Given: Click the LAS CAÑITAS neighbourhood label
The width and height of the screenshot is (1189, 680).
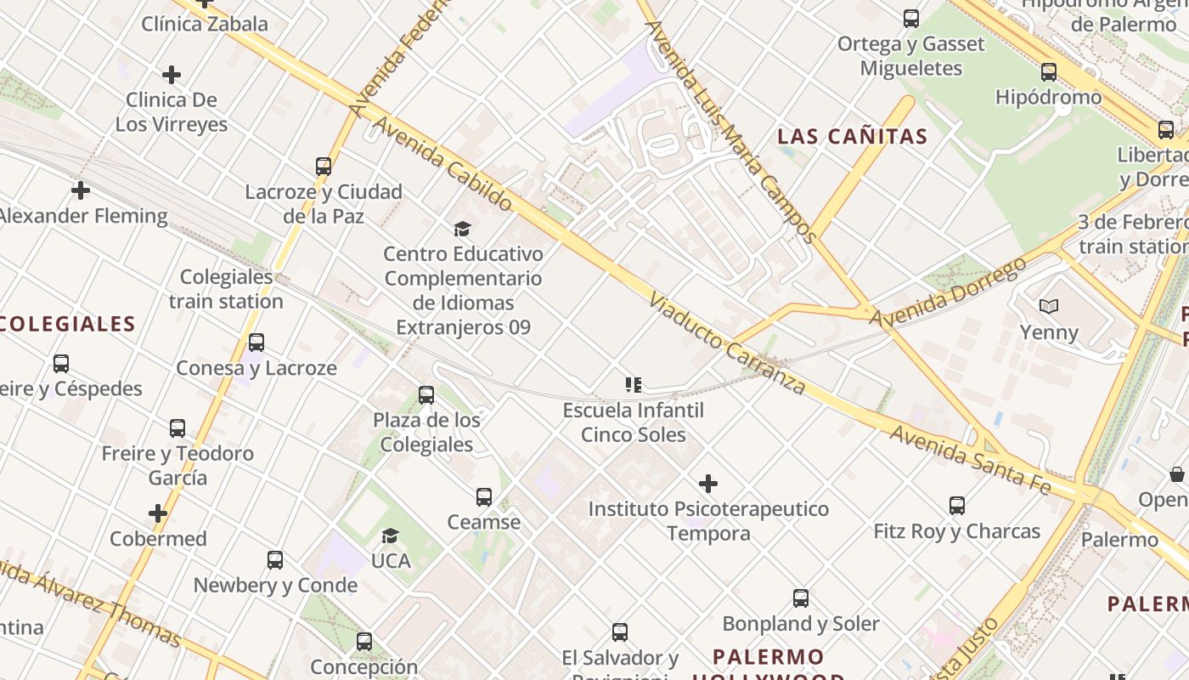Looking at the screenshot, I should (x=853, y=136).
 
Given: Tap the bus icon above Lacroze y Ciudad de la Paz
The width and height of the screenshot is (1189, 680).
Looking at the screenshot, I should (x=324, y=167).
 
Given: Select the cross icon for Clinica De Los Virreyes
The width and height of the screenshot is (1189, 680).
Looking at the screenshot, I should (x=172, y=75).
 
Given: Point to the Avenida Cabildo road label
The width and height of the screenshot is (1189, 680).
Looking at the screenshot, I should (x=442, y=165).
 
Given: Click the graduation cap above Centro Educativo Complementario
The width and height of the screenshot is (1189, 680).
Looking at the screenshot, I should (x=462, y=229).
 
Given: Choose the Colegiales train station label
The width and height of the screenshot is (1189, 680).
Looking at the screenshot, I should (x=226, y=289).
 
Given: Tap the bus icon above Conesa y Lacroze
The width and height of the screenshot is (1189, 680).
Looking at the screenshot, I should (x=256, y=343).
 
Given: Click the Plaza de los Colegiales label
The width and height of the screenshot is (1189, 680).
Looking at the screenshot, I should (x=426, y=432).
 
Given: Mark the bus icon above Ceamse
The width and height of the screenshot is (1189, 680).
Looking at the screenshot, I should (x=484, y=496).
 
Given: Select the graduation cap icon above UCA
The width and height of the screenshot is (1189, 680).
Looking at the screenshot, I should (x=391, y=535).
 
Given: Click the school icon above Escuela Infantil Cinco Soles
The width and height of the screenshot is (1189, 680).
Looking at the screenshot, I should (x=634, y=385).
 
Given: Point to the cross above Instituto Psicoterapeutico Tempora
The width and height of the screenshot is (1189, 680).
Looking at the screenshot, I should (x=708, y=484).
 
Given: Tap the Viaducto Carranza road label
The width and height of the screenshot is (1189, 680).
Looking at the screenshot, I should (x=727, y=344).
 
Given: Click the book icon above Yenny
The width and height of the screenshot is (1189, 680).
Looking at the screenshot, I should (x=1049, y=306).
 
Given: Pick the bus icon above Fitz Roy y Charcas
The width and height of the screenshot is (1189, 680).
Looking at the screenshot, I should (x=957, y=506).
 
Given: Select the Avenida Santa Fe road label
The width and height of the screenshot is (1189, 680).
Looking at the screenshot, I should (x=971, y=460).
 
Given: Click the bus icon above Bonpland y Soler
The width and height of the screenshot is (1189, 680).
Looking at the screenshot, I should (x=801, y=598).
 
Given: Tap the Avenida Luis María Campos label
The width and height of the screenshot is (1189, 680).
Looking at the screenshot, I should (x=731, y=132).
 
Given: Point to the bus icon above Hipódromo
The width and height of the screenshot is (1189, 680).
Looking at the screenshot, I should (x=1049, y=72).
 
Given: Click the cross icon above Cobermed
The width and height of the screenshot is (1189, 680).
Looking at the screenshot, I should (x=158, y=513).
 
